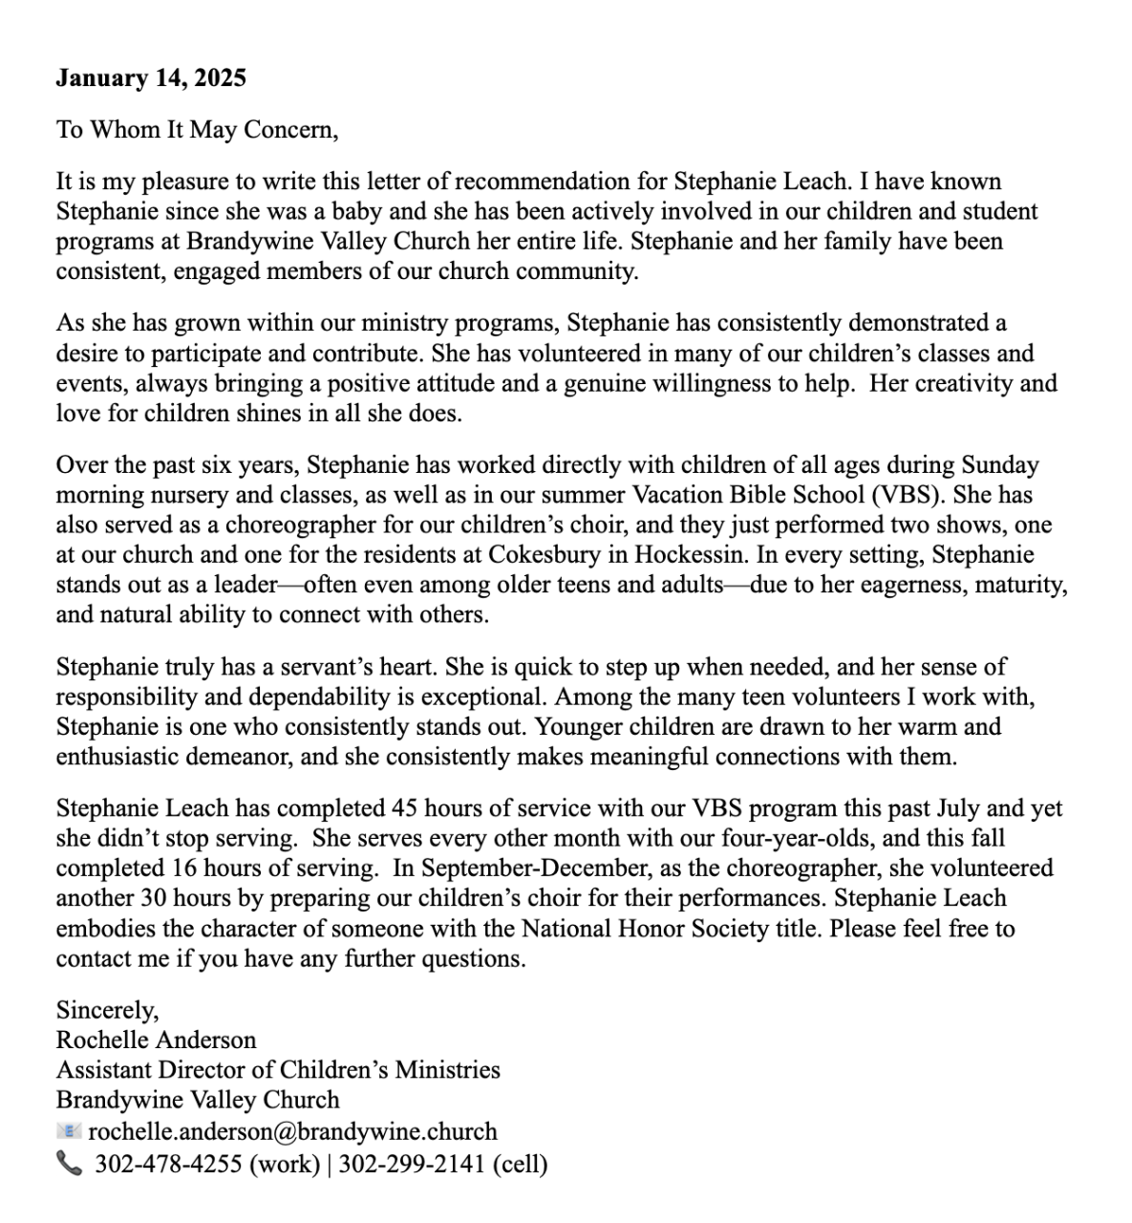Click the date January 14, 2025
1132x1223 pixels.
tap(150, 77)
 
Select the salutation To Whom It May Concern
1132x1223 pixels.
tap(197, 129)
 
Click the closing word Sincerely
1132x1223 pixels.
tap(107, 1010)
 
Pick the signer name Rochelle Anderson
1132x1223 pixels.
tap(156, 1040)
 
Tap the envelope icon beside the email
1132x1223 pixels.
tap(69, 1131)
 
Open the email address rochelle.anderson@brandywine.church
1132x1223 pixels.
tap(292, 1131)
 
